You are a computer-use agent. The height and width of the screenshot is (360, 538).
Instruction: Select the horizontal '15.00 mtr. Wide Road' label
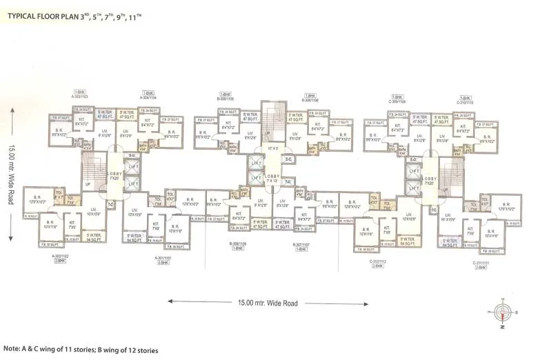(267, 303)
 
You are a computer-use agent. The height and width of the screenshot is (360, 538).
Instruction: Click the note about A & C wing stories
(81, 350)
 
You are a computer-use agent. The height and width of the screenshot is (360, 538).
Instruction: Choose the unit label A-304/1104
(148, 97)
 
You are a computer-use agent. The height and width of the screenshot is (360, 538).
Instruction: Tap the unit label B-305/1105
(226, 97)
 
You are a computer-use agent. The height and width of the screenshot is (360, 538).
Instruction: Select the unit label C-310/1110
(465, 101)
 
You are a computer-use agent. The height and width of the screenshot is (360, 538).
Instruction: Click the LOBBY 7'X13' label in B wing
(270, 179)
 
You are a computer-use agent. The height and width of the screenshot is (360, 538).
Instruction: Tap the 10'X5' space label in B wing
(273, 148)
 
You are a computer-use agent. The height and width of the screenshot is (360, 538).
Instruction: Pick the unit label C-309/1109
(397, 101)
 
